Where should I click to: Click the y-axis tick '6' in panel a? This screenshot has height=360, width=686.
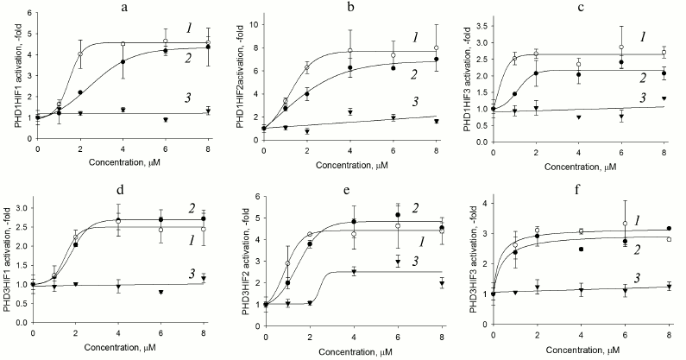(x=30, y=14)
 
